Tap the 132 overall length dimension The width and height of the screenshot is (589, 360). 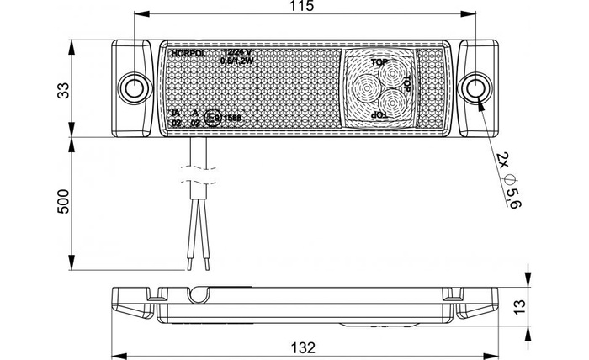[304, 347]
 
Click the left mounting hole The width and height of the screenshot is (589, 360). [131, 87]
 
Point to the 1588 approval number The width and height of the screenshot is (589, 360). [231, 119]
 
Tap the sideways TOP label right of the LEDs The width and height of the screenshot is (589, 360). [406, 83]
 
